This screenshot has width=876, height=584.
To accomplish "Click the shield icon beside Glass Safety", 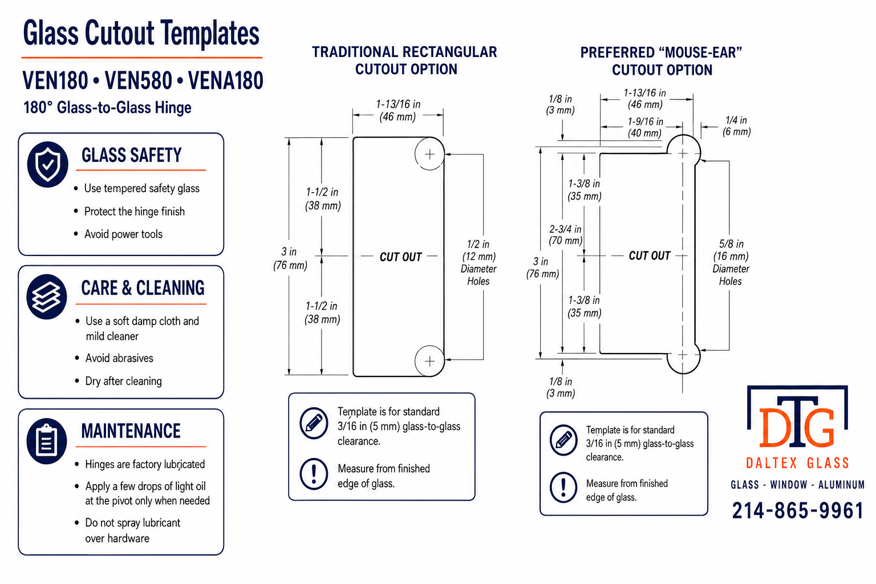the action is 48,164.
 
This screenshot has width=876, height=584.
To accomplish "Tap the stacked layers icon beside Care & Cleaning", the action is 47,297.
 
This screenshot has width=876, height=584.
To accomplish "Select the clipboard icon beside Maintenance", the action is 47,441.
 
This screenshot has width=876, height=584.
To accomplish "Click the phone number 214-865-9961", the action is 797,510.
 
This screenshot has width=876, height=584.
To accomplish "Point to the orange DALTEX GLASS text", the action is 797,463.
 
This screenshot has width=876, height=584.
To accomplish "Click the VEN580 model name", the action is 139,80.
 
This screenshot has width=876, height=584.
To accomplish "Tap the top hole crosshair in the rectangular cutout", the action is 429,154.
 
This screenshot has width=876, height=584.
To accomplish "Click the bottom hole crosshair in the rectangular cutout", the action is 429,361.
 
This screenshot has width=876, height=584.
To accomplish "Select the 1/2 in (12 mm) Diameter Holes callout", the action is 478,262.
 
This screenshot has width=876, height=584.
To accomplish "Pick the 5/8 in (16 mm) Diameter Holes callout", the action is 731,262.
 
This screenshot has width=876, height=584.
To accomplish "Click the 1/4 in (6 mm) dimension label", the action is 736,125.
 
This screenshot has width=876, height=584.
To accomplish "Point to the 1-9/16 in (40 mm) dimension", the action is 645,127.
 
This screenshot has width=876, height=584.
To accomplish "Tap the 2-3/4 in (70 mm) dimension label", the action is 566,234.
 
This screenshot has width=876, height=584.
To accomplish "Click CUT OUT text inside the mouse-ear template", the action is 649,256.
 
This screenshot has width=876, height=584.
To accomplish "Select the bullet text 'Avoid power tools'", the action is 123,234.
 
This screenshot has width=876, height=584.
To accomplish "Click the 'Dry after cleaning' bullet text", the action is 124,381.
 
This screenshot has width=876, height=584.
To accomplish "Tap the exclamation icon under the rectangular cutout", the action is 314,474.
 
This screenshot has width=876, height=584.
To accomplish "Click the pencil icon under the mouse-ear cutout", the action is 563,440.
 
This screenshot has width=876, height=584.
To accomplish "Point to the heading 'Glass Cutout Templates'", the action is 141,34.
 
